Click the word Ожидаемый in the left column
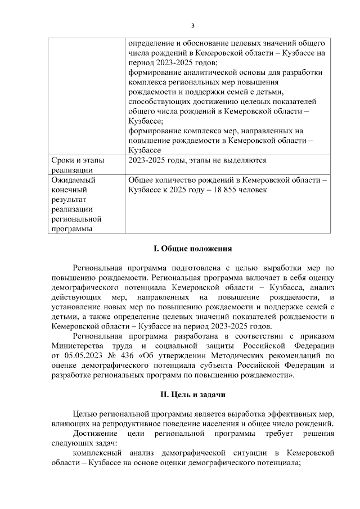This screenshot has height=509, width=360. point(73,180)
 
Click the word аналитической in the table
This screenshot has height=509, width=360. point(198,73)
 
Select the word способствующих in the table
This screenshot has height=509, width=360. point(157,102)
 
